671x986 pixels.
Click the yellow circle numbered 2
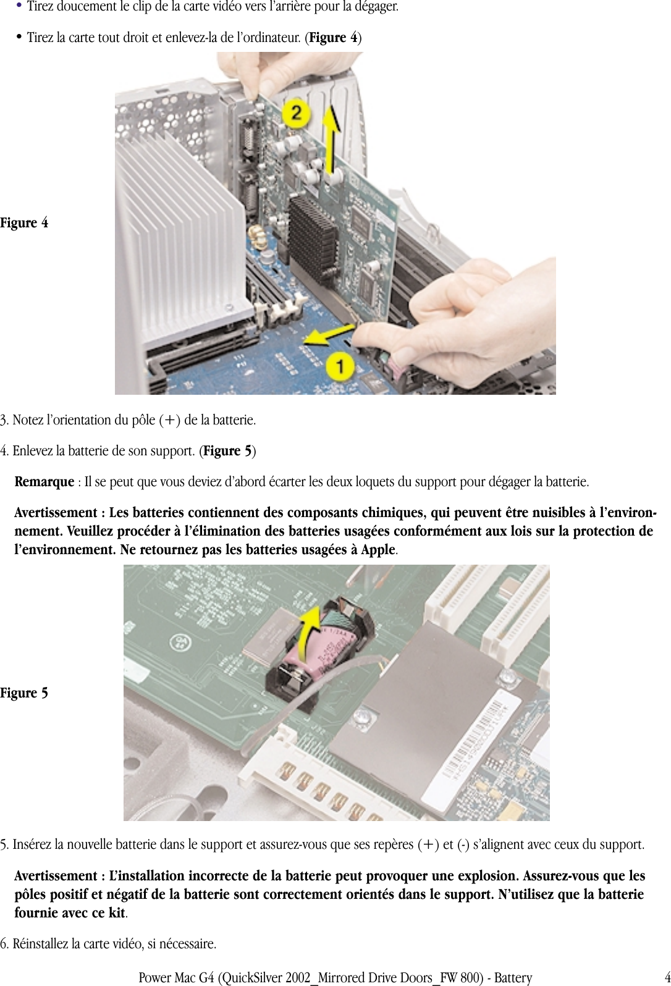click(x=297, y=113)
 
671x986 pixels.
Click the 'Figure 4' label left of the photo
click(x=24, y=223)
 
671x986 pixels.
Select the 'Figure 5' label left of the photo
click(x=24, y=693)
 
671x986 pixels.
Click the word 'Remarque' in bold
click(x=44, y=482)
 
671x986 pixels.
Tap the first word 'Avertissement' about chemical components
click(x=56, y=513)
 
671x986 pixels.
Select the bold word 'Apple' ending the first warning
click(x=378, y=550)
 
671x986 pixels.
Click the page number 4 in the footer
click(x=667, y=977)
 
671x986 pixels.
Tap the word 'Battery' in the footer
click(x=513, y=978)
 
